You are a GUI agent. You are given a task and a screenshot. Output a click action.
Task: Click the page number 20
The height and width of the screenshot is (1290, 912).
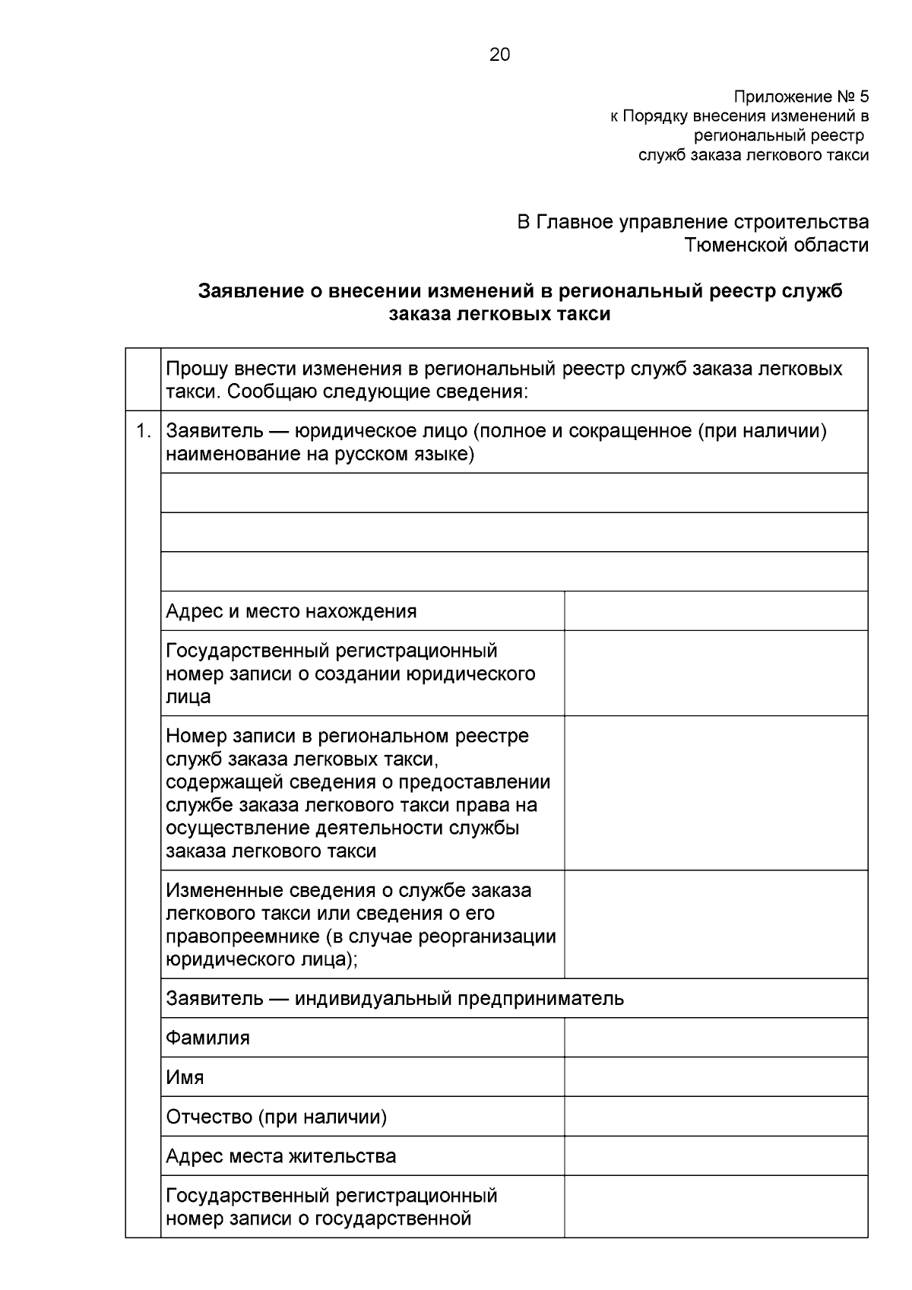tap(500, 55)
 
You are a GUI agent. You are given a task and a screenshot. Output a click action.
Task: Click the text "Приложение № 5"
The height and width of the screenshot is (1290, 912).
tap(800, 97)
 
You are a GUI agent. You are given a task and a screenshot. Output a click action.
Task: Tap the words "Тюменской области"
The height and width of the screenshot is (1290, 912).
tap(776, 245)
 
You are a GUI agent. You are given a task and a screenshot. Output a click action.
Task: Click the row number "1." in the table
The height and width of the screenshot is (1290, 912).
tap(143, 432)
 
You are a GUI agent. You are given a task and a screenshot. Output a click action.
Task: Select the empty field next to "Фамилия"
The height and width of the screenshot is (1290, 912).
tap(715, 1038)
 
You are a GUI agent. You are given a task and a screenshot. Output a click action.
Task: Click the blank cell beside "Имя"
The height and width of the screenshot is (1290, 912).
tap(715, 1077)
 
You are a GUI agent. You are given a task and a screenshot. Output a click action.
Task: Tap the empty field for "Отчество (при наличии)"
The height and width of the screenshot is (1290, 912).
tap(715, 1117)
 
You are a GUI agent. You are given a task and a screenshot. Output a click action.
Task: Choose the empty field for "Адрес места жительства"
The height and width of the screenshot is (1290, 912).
tap(715, 1156)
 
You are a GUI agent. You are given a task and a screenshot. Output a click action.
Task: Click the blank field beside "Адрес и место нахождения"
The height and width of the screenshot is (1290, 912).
tap(715, 611)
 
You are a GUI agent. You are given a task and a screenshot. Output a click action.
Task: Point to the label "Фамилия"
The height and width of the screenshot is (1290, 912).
tap(207, 1038)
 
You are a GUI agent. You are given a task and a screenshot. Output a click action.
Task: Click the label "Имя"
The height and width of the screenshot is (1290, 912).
tap(185, 1077)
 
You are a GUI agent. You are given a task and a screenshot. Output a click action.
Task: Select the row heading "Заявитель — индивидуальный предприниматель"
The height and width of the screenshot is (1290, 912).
tap(394, 998)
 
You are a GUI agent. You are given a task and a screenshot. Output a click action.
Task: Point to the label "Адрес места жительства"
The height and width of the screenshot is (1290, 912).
tap(280, 1156)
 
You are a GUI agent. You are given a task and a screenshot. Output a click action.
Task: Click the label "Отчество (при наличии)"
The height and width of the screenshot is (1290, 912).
tap(276, 1117)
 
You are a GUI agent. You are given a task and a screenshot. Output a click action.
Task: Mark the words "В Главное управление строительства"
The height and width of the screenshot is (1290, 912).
tap(692, 222)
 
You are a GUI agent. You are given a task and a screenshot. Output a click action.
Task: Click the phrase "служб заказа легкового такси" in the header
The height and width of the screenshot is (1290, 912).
tap(752, 155)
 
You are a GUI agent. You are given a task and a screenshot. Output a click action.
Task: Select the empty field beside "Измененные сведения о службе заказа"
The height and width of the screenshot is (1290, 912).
tap(715, 924)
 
